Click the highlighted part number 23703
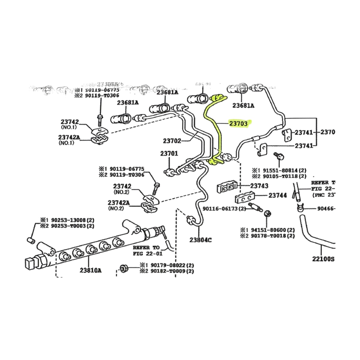(x=239, y=123)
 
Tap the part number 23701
(x=169, y=154)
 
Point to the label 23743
(x=259, y=186)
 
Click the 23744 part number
(x=277, y=195)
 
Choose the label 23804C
(x=200, y=240)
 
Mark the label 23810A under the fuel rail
(x=91, y=270)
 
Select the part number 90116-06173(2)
(x=224, y=208)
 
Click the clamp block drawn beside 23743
(x=227, y=188)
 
